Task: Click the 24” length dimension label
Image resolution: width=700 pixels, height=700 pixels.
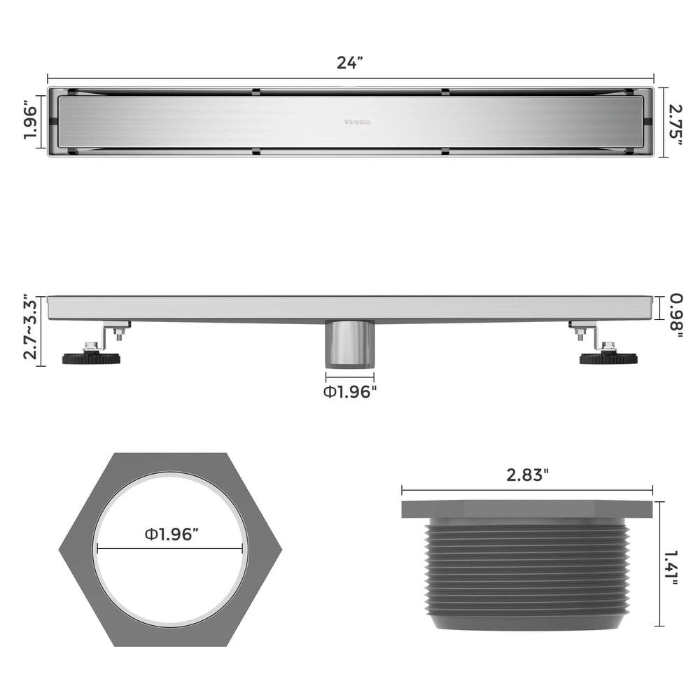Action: (x=349, y=63)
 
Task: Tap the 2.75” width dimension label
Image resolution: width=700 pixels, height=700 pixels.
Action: (x=675, y=125)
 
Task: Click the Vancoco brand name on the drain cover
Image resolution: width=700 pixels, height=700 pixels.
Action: (x=357, y=122)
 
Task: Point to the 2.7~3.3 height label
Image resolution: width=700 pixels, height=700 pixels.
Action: (x=30, y=327)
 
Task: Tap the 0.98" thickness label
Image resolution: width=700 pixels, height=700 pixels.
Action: (x=676, y=315)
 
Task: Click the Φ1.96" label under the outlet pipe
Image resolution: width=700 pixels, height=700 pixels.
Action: (x=349, y=392)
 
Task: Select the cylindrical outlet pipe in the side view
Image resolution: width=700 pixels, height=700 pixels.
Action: (x=349, y=344)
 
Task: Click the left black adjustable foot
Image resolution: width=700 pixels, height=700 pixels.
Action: (x=91, y=357)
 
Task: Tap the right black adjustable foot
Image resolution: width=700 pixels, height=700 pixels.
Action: (x=608, y=357)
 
